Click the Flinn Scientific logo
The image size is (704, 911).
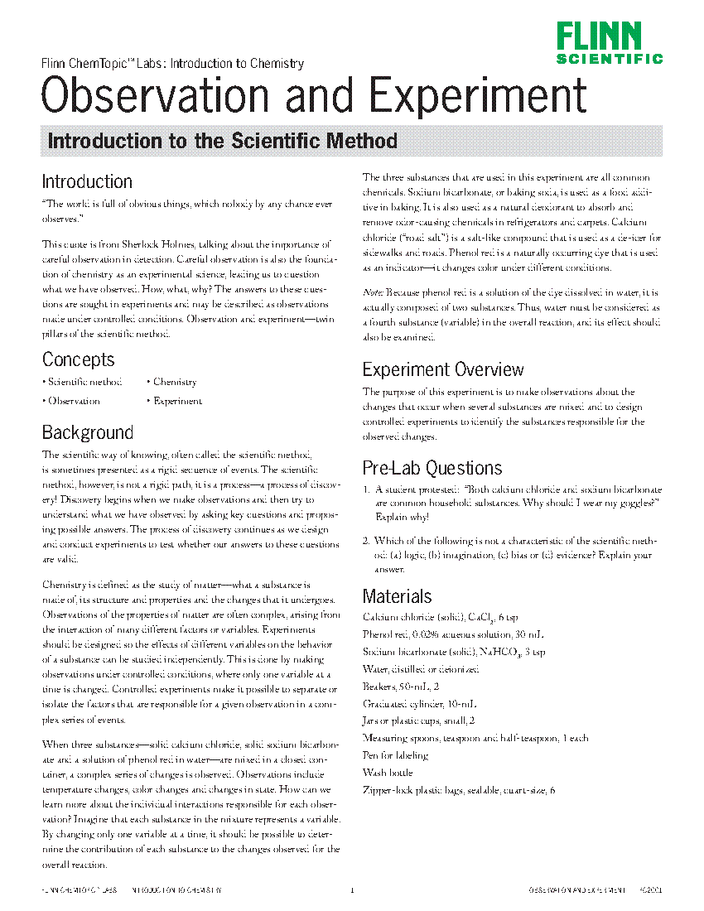(x=609, y=43)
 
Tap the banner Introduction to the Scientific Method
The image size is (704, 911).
(x=223, y=141)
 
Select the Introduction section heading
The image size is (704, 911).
(x=87, y=182)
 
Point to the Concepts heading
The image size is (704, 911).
(x=79, y=360)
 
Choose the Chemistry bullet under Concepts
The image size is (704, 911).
(x=175, y=382)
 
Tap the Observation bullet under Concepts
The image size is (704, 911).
(x=74, y=401)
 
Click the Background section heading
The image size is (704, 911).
(x=88, y=433)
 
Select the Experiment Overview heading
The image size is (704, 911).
(x=443, y=369)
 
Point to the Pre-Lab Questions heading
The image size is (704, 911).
(x=432, y=469)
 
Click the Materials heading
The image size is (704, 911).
(x=398, y=596)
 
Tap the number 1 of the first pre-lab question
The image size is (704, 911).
(x=366, y=489)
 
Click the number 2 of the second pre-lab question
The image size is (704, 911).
(x=366, y=541)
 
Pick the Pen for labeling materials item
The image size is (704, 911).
(x=396, y=754)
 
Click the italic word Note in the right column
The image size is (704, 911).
(x=371, y=292)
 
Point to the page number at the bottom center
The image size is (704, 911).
(x=352, y=891)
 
